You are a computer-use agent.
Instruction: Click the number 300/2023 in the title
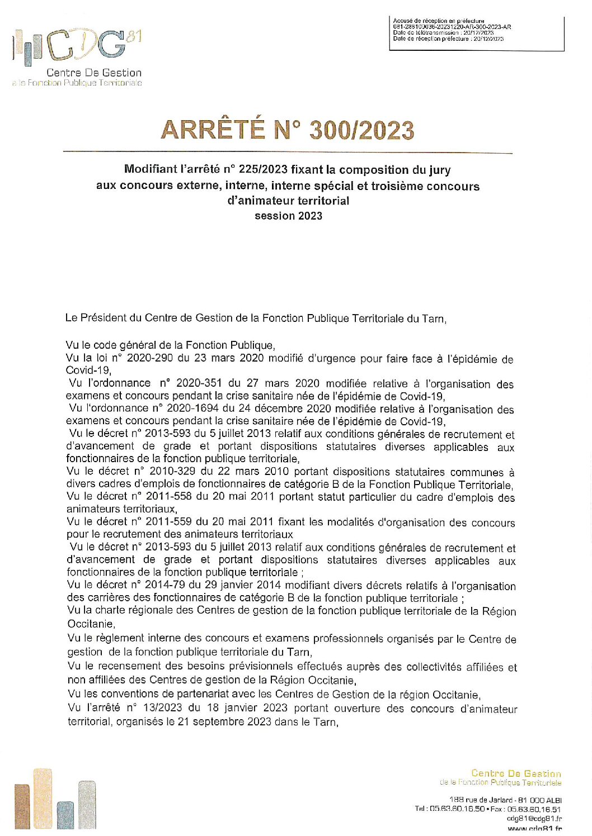coord(361,130)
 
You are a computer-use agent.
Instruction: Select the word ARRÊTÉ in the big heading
coord(213,130)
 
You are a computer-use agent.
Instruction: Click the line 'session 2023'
coord(288,216)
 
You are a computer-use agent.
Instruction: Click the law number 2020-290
coord(147,358)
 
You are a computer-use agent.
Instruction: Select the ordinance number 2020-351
coord(196,383)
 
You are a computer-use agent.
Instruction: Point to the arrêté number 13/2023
coord(163,708)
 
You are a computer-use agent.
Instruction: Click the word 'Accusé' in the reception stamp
coord(403,21)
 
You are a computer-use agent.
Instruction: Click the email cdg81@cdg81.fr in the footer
coord(534,818)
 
